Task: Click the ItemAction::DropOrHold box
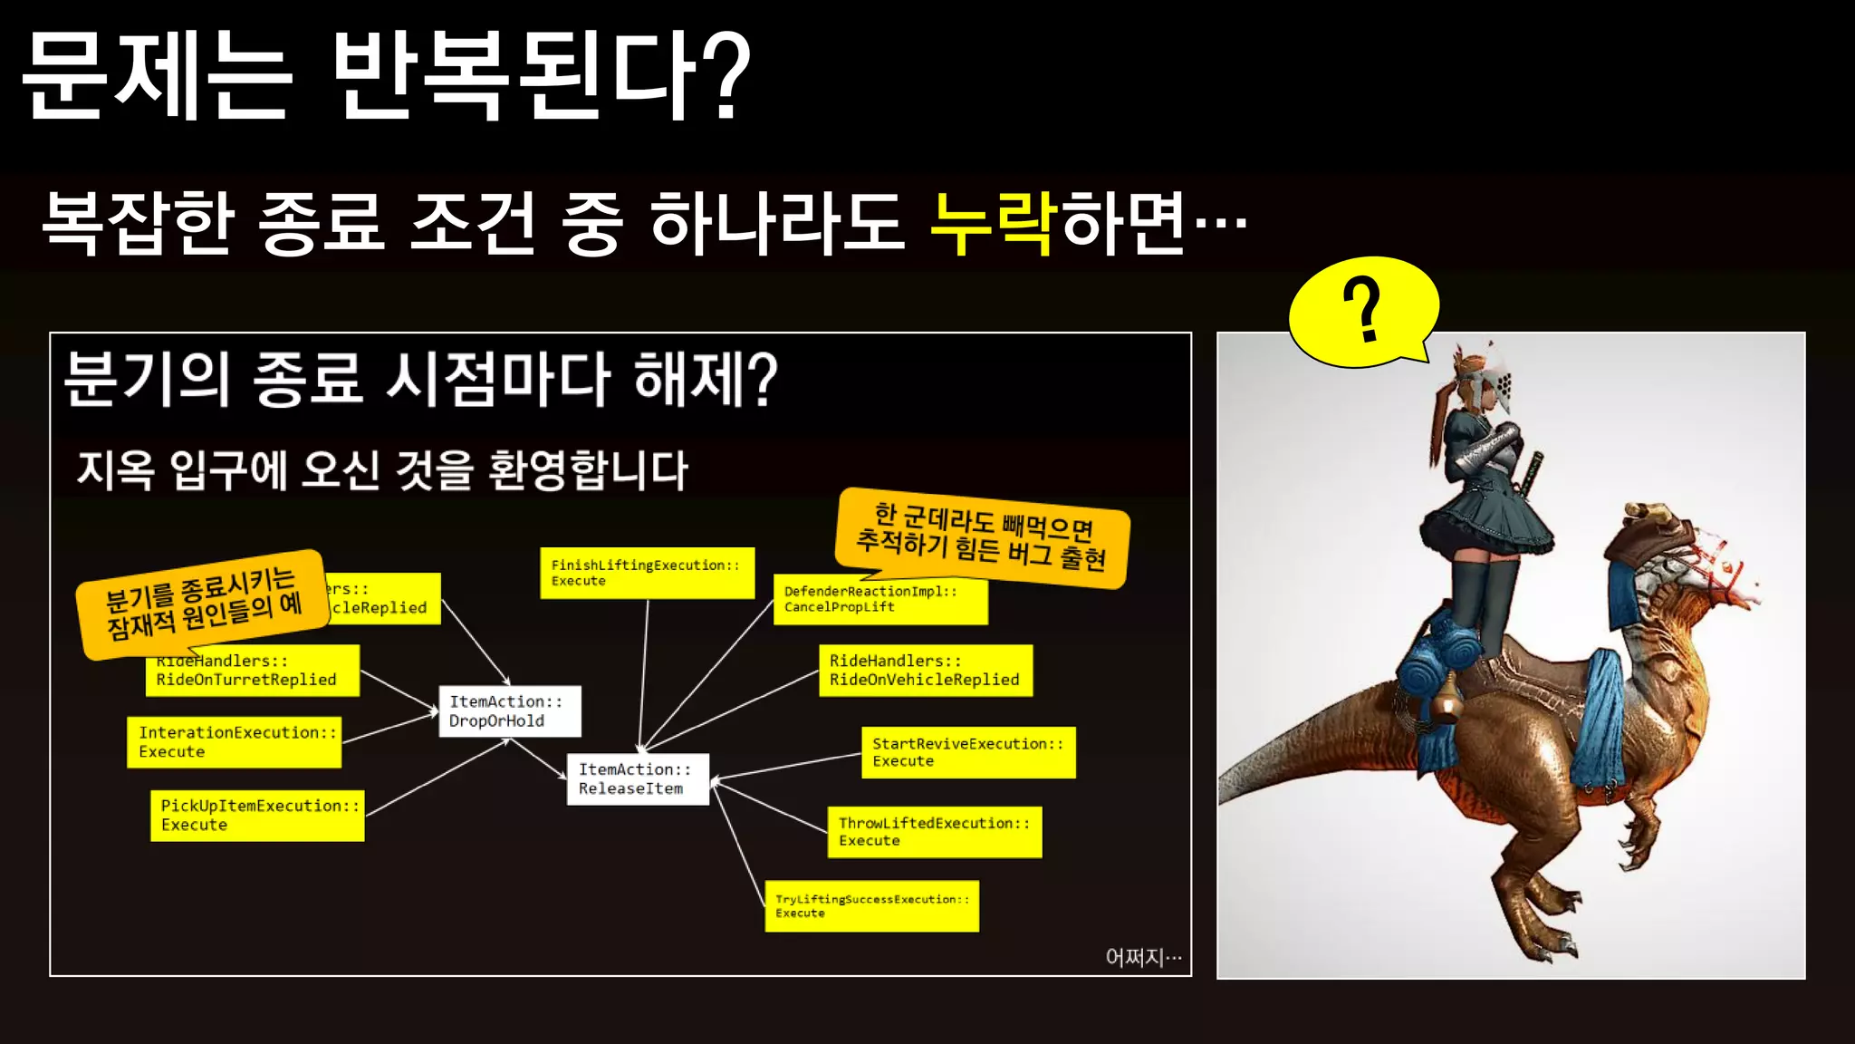click(509, 711)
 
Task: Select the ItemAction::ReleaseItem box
click(638, 779)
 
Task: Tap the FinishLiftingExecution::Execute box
click(647, 573)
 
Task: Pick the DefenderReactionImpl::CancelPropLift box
click(880, 600)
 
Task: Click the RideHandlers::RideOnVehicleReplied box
click(925, 671)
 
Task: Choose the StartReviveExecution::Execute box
click(968, 752)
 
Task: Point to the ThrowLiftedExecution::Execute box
click(934, 832)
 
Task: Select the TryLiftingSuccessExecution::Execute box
click(871, 906)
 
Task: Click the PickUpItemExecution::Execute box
click(258, 816)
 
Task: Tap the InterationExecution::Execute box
click(235, 742)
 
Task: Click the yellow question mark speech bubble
click(1363, 311)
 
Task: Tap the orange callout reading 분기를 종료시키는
click(203, 602)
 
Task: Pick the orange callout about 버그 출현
click(982, 536)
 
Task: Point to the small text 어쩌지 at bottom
click(1143, 957)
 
